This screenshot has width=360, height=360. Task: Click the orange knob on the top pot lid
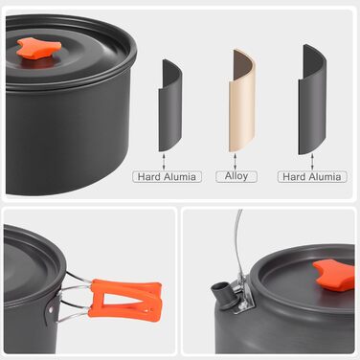[39, 49]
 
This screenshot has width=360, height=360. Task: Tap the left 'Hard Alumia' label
[167, 176]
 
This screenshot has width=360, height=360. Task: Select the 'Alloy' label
[236, 176]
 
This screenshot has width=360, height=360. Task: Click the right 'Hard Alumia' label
[312, 176]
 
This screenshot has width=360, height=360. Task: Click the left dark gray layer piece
[170, 105]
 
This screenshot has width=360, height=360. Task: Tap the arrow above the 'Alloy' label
[236, 162]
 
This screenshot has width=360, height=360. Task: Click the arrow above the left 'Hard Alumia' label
[164, 162]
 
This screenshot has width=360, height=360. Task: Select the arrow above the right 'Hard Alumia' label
[312, 162]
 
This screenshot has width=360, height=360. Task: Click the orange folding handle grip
[124, 300]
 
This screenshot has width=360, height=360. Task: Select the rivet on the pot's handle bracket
[51, 309]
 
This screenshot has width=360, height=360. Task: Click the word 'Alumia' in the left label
[180, 176]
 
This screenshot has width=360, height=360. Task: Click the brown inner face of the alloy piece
[240, 65]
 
